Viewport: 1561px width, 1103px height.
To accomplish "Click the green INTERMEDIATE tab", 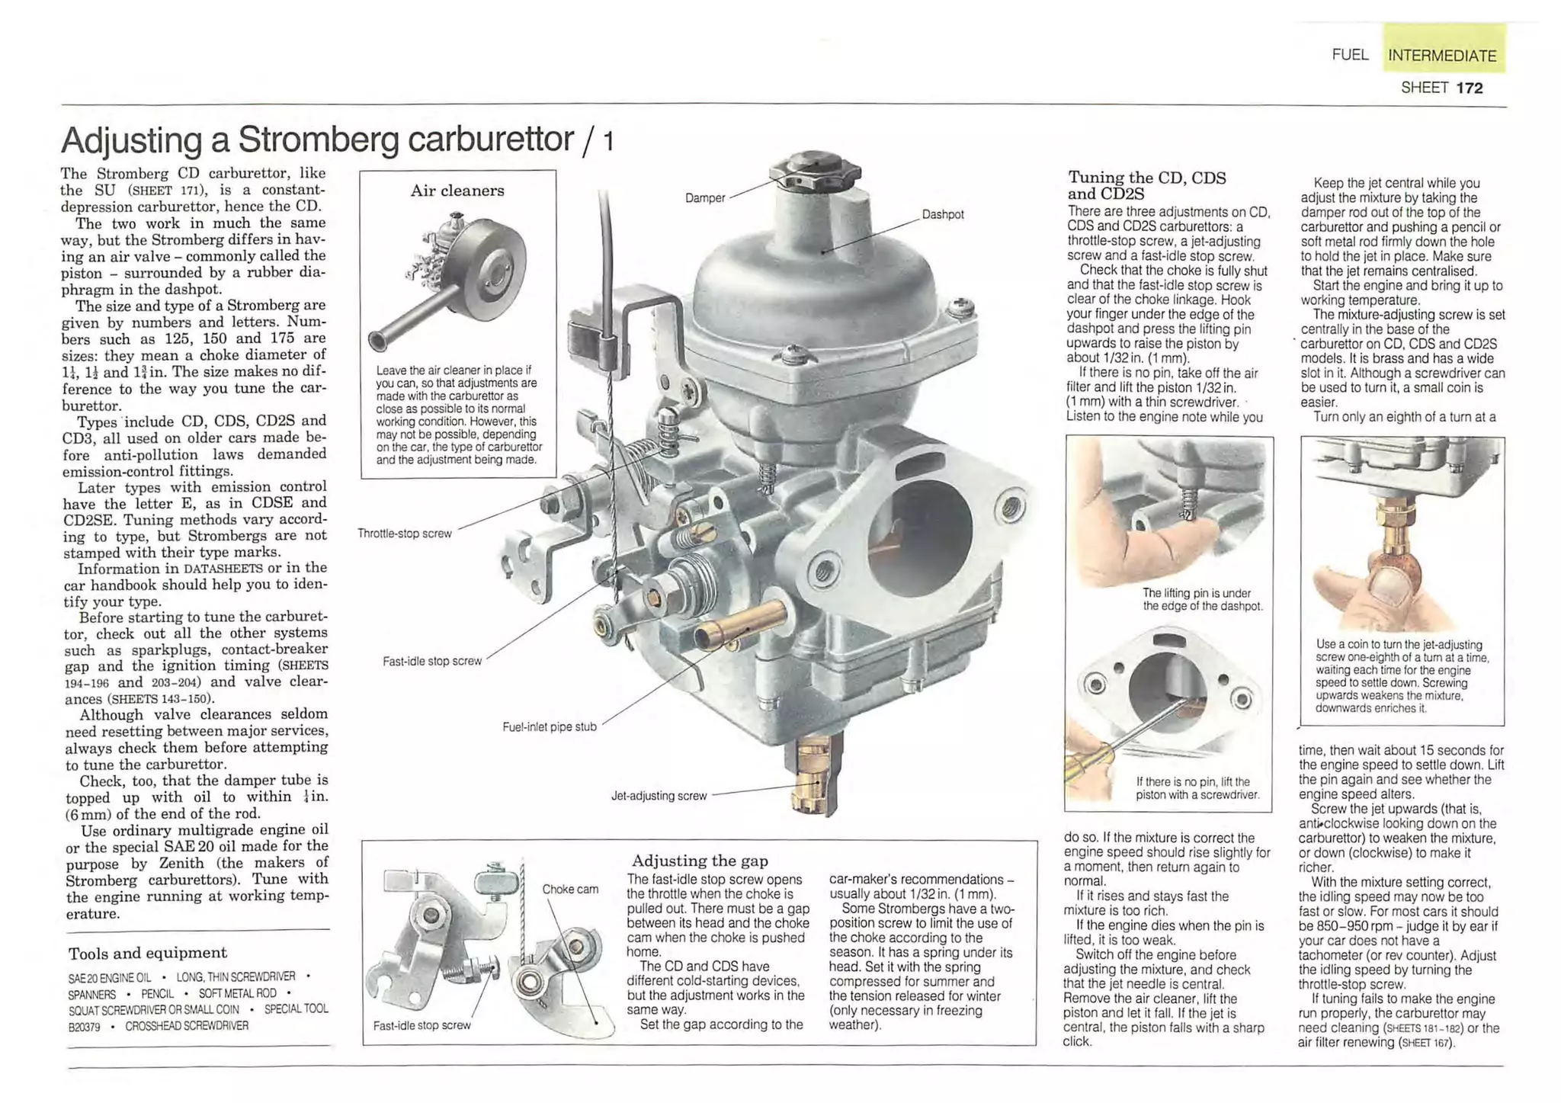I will coord(1441,55).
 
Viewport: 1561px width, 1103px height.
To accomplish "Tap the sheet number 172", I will coord(1469,88).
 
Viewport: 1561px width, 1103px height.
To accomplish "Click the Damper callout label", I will coord(704,198).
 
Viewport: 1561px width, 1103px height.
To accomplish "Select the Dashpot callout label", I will coord(942,215).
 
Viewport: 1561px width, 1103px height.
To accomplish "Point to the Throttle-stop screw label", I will coord(405,534).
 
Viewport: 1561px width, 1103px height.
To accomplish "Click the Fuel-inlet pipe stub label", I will coord(549,727).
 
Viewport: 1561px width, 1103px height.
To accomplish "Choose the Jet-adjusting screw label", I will coord(659,796).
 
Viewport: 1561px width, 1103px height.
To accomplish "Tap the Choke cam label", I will coord(569,889).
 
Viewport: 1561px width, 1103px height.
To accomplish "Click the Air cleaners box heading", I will coord(457,191).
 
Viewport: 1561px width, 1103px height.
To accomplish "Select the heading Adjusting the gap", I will coord(700,861).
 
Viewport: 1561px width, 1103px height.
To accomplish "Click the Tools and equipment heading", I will coord(147,953).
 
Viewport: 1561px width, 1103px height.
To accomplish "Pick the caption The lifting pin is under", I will coord(1197,593).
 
